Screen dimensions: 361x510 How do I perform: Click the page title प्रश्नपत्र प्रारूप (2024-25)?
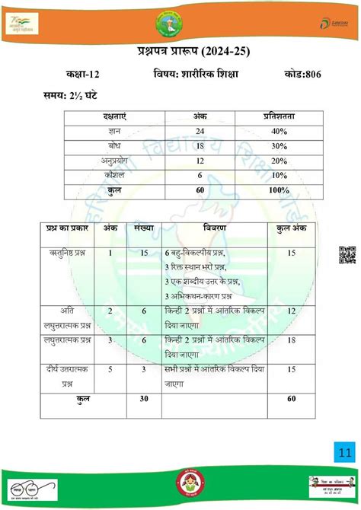click(x=180, y=51)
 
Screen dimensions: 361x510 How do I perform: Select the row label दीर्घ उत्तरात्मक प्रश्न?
click(x=68, y=375)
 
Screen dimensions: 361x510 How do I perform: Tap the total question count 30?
click(x=144, y=398)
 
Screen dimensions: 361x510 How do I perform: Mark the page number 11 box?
click(x=345, y=454)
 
